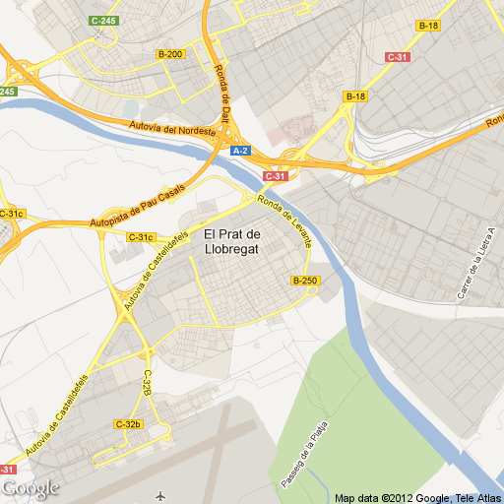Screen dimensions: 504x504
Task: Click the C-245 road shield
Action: pyautogui.click(x=102, y=20)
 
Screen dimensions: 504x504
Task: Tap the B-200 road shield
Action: pyautogui.click(x=170, y=53)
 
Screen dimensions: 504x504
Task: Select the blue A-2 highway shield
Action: pyautogui.click(x=241, y=151)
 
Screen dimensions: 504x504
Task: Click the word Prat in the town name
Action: pyautogui.click(x=231, y=234)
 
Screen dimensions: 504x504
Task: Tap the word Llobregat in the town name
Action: pyautogui.click(x=232, y=248)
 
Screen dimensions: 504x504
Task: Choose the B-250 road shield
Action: pyautogui.click(x=305, y=281)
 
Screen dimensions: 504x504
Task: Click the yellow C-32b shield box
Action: pyautogui.click(x=129, y=424)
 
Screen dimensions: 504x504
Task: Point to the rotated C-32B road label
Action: pyautogui.click(x=146, y=384)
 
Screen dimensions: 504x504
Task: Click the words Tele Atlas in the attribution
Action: pyautogui.click(x=474, y=497)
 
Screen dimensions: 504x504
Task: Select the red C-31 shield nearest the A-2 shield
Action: pyautogui.click(x=276, y=176)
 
